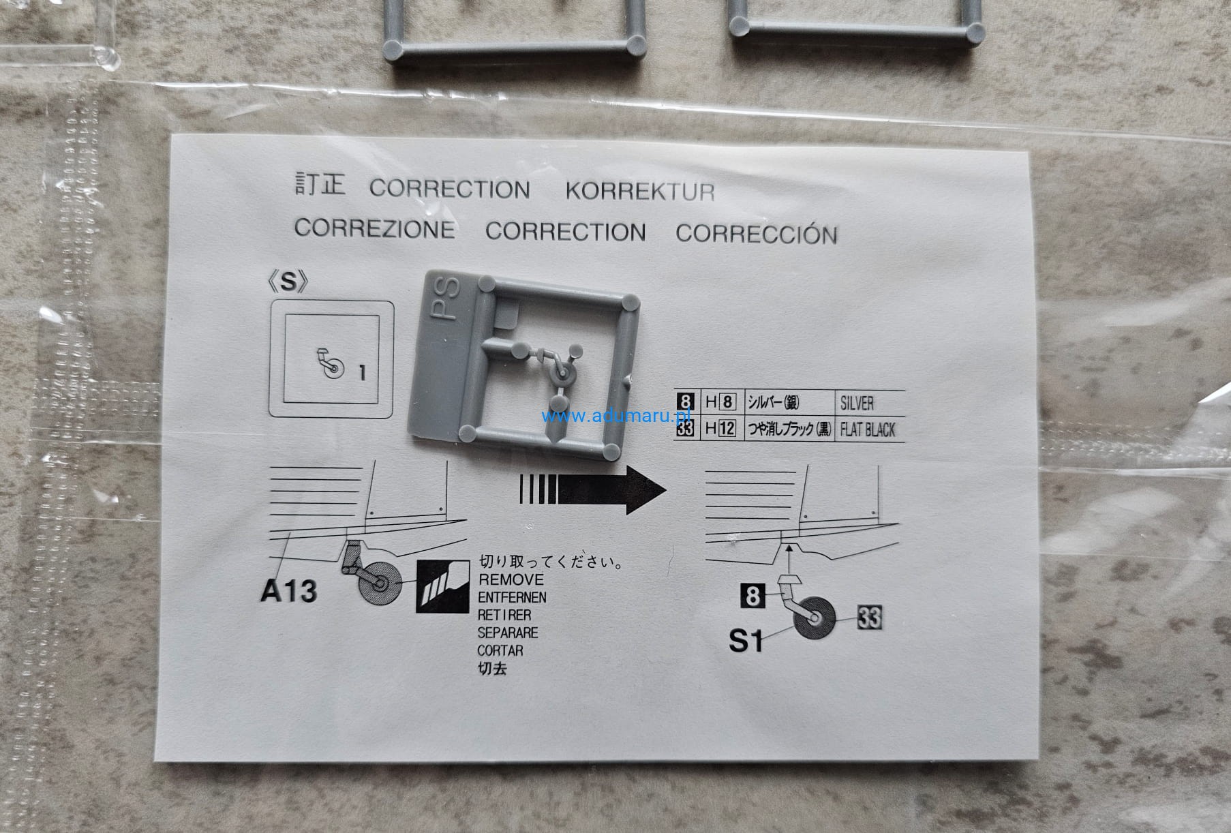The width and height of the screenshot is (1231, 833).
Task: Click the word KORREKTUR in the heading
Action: (639, 192)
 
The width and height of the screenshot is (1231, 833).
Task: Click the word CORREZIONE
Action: (374, 228)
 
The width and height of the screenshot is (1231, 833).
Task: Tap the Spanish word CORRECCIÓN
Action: (756, 234)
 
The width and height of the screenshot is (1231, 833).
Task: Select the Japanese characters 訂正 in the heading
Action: (320, 185)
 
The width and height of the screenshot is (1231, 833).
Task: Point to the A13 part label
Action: (288, 592)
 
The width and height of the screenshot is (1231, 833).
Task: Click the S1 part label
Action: (746, 641)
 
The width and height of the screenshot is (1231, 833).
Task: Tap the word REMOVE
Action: (511, 580)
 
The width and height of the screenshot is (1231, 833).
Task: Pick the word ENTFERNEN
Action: (512, 598)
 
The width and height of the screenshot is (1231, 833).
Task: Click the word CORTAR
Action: (500, 651)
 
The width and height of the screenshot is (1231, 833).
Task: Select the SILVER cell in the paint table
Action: (857, 403)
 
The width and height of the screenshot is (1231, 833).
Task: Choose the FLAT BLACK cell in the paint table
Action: (868, 430)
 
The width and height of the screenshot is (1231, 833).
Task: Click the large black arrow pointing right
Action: (593, 489)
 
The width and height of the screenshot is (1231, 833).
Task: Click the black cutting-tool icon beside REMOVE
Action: (442, 586)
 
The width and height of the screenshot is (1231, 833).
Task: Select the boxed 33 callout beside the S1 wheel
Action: (869, 618)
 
